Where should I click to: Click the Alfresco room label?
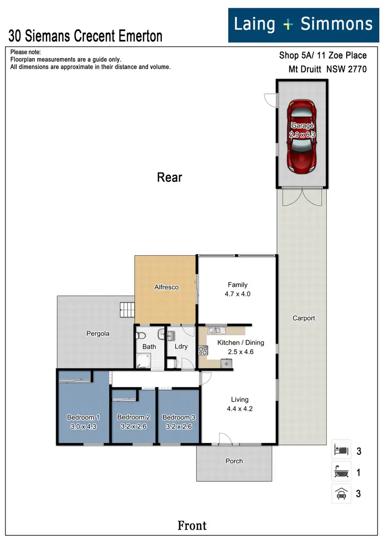pyautogui.click(x=166, y=287)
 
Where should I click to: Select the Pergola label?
pyautogui.click(x=97, y=333)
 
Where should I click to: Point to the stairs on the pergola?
pyautogui.click(x=126, y=309)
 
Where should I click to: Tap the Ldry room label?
pyautogui.click(x=181, y=346)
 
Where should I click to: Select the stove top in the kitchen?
pyautogui.click(x=203, y=350)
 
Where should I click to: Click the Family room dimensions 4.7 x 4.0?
pyautogui.click(x=237, y=294)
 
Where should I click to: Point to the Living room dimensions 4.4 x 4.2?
pyautogui.click(x=240, y=408)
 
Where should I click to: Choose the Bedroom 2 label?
pyautogui.click(x=133, y=417)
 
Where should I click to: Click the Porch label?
pyautogui.click(x=234, y=461)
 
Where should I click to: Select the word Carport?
pyautogui.click(x=303, y=318)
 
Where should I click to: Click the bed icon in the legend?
pyautogui.click(x=341, y=451)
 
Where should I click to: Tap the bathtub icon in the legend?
pyautogui.click(x=341, y=473)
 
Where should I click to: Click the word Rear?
pyautogui.click(x=170, y=177)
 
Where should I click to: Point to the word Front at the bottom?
pyautogui.click(x=192, y=525)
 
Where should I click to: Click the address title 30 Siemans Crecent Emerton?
pyautogui.click(x=86, y=36)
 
